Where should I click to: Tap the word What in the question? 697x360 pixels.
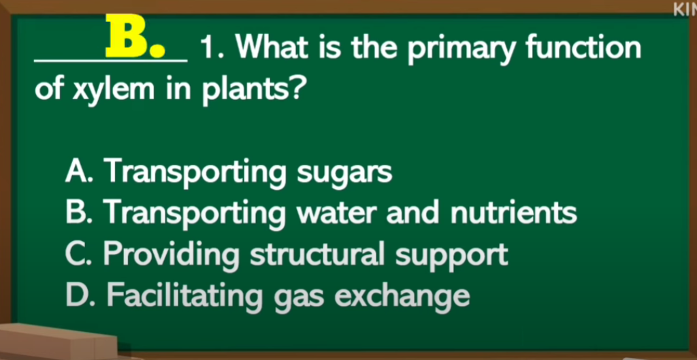[x=272, y=46]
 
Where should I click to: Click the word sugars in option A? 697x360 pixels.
[x=344, y=174]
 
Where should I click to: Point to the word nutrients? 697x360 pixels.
[x=514, y=212]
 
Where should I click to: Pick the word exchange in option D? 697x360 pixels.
[x=402, y=297]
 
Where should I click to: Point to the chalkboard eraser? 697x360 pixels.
[x=58, y=342]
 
